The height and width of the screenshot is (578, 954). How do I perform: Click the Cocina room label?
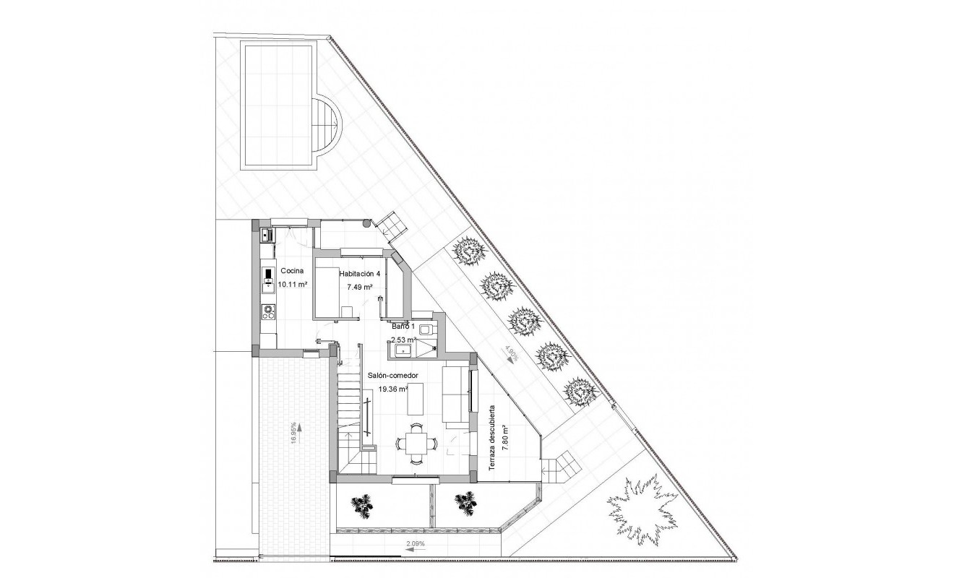(x=292, y=271)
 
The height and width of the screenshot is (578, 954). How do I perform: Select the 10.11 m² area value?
(x=293, y=285)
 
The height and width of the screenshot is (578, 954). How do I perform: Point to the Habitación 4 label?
(x=359, y=274)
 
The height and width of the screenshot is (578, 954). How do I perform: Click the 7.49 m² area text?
(x=359, y=288)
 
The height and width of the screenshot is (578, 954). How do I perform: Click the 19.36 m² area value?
(x=394, y=389)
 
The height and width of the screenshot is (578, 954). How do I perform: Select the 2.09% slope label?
(x=415, y=543)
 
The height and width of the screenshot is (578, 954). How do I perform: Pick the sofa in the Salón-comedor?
(x=453, y=396)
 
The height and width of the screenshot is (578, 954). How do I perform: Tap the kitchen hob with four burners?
(x=269, y=312)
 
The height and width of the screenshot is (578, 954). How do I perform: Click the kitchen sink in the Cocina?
(x=265, y=235)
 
